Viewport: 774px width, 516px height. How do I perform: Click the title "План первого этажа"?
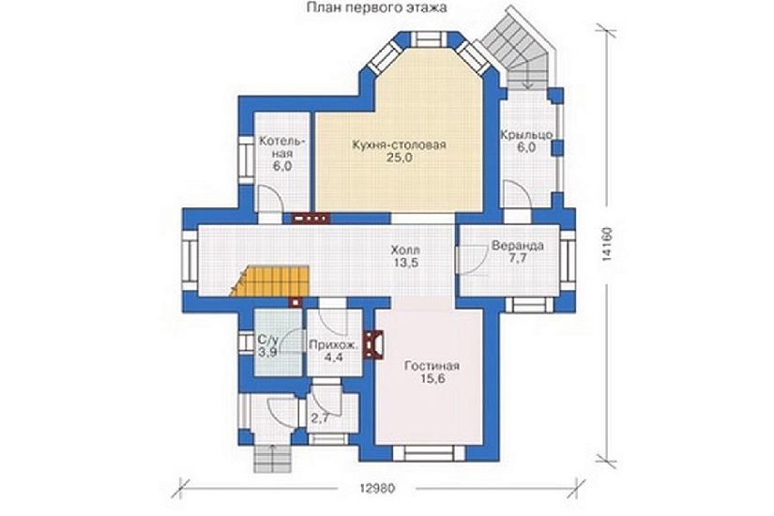tap(376, 8)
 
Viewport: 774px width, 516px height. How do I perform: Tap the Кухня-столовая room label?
tap(399, 144)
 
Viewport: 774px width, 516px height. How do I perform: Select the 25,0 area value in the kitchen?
tap(399, 158)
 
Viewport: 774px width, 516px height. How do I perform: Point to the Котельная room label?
tap(282, 147)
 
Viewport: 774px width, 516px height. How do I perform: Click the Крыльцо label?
tap(526, 135)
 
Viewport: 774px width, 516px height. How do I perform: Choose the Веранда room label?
tap(517, 246)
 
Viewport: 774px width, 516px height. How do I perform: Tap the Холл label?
tap(405, 250)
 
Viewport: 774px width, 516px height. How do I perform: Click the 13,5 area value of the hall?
tap(405, 262)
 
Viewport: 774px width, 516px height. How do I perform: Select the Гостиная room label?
tap(432, 366)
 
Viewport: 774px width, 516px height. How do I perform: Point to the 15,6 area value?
tap(432, 379)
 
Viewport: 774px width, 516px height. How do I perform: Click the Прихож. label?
tap(333, 345)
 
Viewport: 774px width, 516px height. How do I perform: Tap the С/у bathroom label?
tap(268, 340)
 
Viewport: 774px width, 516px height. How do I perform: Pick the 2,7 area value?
tap(320, 417)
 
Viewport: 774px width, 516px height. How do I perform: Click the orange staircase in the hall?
tap(270, 281)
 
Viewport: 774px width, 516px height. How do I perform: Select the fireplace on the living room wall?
tap(372, 342)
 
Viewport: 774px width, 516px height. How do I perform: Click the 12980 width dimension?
tap(376, 489)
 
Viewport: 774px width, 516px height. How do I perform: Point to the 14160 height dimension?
tap(607, 243)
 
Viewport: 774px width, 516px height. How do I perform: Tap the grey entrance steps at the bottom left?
tap(271, 458)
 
